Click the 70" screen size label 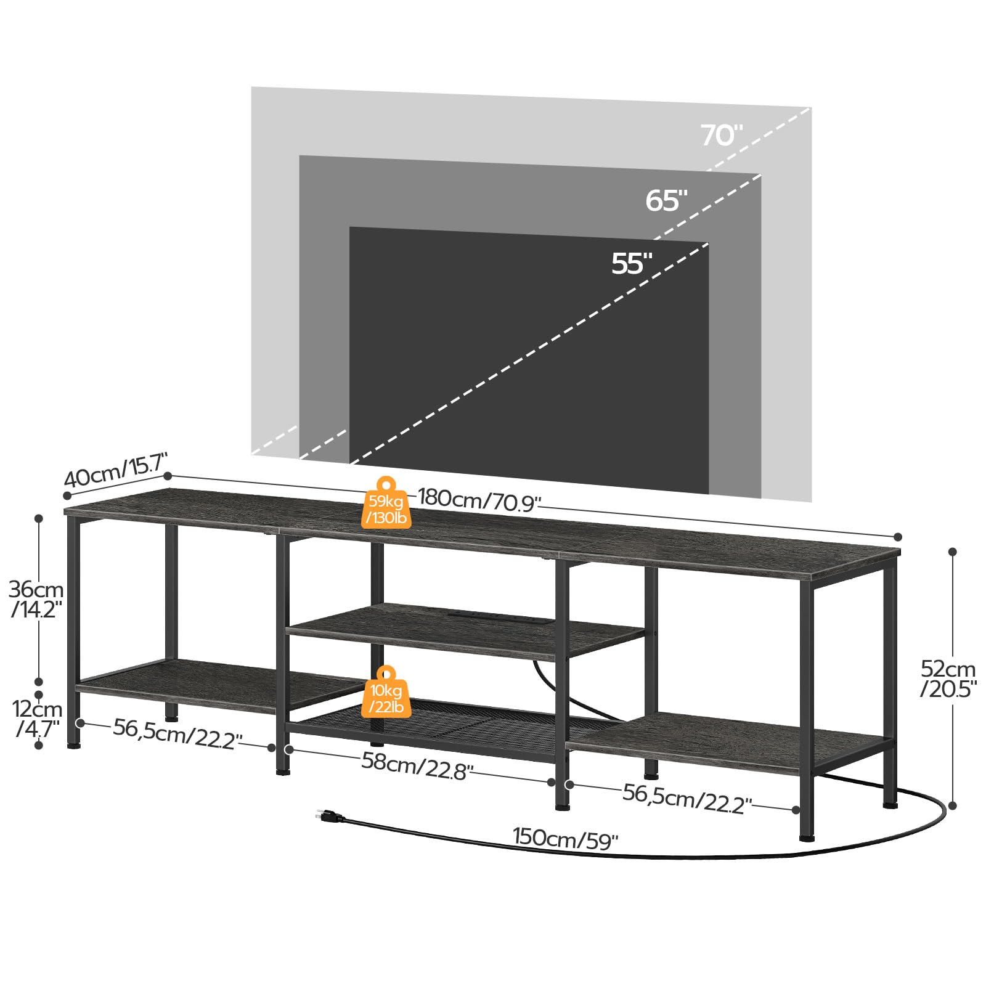[721, 136]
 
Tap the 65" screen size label [666, 201]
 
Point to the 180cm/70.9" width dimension [479, 499]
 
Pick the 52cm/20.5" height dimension [948, 678]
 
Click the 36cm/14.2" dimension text [36, 599]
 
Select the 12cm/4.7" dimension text [38, 719]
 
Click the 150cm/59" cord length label [565, 839]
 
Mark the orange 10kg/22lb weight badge [386, 693]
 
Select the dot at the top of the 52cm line [952, 552]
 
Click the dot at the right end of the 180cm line [898, 537]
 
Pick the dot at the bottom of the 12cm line [39, 745]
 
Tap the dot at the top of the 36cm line [39, 518]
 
